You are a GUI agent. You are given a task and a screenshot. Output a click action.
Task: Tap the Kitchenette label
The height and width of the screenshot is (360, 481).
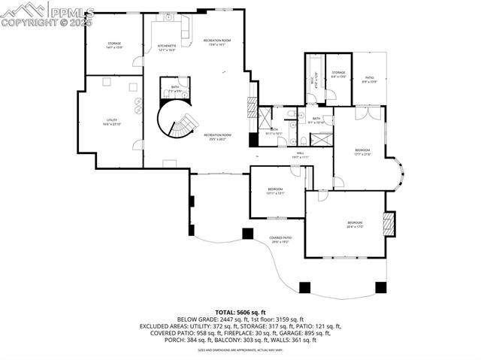(x=167, y=47)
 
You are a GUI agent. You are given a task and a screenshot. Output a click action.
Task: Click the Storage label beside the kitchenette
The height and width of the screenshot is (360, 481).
(x=114, y=45)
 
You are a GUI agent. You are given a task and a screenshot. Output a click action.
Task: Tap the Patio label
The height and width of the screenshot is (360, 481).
(x=369, y=78)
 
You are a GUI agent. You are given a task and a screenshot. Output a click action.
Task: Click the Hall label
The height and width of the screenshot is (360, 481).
(x=300, y=155)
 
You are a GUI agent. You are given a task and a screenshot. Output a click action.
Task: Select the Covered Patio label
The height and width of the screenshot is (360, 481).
(x=281, y=240)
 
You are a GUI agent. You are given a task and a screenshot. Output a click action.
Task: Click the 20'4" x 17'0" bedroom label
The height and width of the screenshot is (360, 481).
(x=355, y=224)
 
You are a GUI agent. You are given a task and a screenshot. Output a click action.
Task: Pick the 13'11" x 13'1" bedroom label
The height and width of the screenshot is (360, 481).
(x=275, y=191)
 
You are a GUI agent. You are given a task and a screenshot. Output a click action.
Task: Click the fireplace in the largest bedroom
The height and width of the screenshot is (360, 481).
(x=389, y=225)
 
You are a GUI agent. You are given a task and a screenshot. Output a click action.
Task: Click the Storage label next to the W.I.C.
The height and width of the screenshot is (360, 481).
(x=339, y=74)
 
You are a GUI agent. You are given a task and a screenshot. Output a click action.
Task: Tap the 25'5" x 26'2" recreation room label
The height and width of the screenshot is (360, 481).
(x=216, y=137)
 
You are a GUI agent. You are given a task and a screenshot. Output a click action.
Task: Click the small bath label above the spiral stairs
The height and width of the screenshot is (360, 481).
(x=174, y=89)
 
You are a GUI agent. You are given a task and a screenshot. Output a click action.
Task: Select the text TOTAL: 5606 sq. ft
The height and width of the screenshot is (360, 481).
(x=240, y=311)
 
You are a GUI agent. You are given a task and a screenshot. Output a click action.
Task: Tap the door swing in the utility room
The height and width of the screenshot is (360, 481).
(x=137, y=143)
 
